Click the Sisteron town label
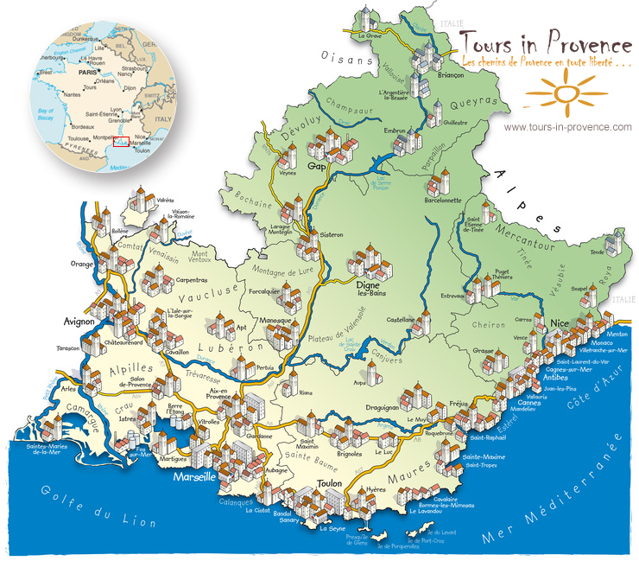click(331, 234)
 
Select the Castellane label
click(402, 320)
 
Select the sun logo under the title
click(563, 91)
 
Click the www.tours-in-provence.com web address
click(567, 127)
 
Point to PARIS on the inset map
click(86, 73)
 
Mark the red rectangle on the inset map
click(119, 142)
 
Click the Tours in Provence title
click(545, 42)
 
